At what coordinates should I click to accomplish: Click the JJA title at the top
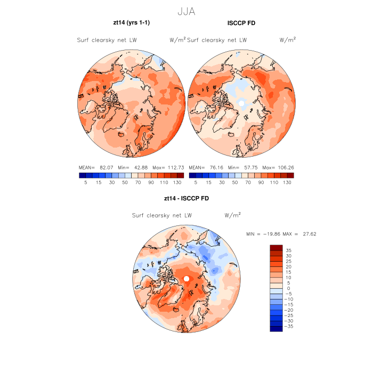coord(186,11)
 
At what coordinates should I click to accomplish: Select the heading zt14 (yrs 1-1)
coord(131,23)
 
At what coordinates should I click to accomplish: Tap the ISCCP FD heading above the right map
coord(241,23)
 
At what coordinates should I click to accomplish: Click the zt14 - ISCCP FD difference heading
coord(186,199)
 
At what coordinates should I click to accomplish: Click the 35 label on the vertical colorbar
coord(288,250)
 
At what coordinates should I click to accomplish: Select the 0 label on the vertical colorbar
coord(288,288)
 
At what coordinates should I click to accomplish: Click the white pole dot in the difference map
coord(186,279)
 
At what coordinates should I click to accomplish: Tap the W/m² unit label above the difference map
coord(232,215)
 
